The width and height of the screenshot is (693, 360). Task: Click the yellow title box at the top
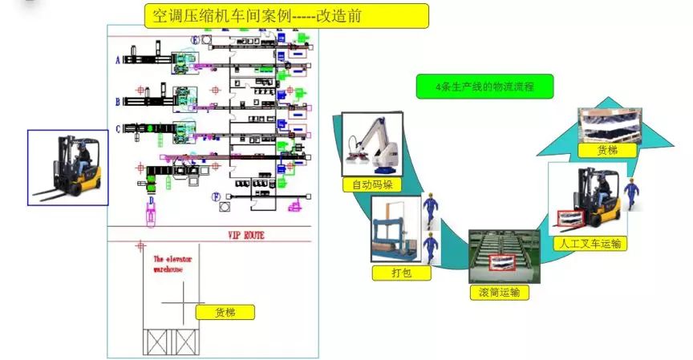click(x=286, y=15)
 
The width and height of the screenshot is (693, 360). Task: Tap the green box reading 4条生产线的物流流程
click(x=484, y=87)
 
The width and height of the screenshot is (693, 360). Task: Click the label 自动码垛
click(x=370, y=185)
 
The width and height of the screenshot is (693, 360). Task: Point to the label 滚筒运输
click(x=499, y=292)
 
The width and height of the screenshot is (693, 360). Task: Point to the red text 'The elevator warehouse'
click(x=168, y=265)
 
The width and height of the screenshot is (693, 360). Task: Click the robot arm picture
click(x=370, y=144)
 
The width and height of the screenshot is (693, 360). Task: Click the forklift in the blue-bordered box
click(x=67, y=168)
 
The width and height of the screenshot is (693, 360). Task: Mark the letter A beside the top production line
click(x=118, y=59)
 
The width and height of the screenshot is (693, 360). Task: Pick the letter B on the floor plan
click(x=118, y=102)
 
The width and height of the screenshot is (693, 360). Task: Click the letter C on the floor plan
click(x=118, y=128)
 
